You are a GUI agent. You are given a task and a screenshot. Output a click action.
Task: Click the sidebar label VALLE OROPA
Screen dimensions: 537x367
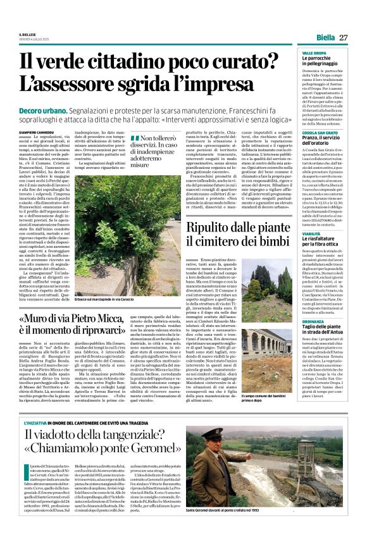tap(313, 52)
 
